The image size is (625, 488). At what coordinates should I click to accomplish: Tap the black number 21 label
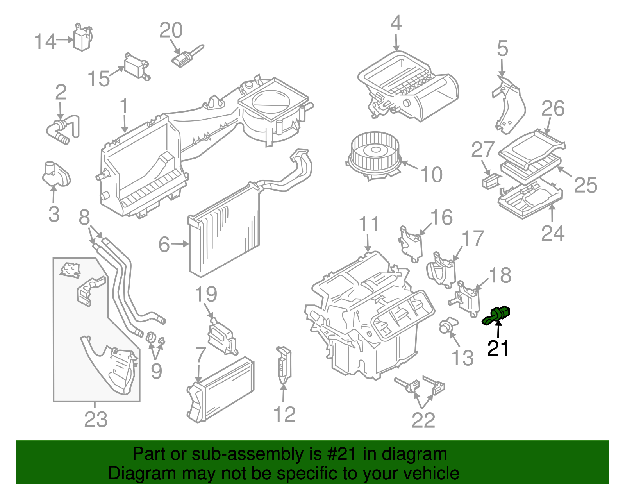click(498, 348)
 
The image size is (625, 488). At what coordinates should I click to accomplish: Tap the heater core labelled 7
click(221, 389)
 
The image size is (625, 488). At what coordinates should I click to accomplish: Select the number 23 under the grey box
click(96, 420)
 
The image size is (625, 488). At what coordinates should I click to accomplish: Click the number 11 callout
click(369, 225)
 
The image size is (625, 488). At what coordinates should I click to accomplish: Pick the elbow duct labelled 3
click(56, 175)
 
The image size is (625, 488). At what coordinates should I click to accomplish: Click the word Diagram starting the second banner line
click(132, 474)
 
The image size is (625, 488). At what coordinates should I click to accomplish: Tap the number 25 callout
click(585, 185)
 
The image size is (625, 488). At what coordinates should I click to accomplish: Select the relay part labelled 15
click(136, 66)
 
